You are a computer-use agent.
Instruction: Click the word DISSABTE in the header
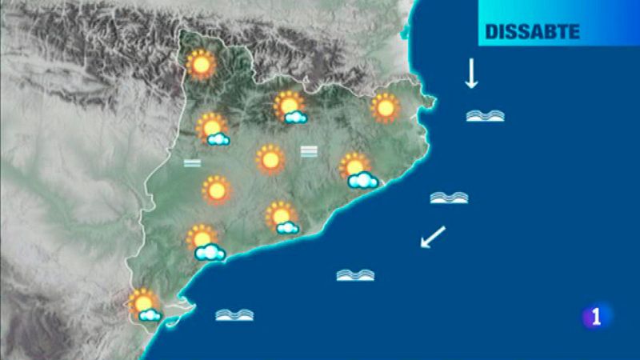coord(532,33)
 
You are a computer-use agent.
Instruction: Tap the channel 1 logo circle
coord(596,316)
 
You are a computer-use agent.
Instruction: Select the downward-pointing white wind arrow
coord(471,73)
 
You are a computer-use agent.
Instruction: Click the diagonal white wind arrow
coord(433,237)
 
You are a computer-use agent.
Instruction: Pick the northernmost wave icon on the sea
coord(485,115)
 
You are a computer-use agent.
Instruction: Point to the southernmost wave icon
coord(234,314)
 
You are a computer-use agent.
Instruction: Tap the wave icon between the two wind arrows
coord(449,197)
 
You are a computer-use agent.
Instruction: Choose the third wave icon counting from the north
coord(356,274)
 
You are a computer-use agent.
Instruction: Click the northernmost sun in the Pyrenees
coord(201,63)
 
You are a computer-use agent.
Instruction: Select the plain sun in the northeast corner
coord(385,107)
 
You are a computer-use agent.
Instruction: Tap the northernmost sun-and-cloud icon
coord(290,108)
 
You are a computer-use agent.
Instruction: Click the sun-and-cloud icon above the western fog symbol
coord(213,130)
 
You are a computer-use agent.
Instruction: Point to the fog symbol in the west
coord(192,163)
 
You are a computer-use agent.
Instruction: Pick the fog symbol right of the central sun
coord(309,150)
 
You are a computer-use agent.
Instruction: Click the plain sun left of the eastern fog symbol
coord(270,159)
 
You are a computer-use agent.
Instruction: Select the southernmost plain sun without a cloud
coord(215,190)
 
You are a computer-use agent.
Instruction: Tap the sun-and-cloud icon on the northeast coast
coord(357,170)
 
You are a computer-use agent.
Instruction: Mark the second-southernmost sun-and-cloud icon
coord(204,243)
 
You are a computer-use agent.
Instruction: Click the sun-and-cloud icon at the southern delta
coord(145,305)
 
